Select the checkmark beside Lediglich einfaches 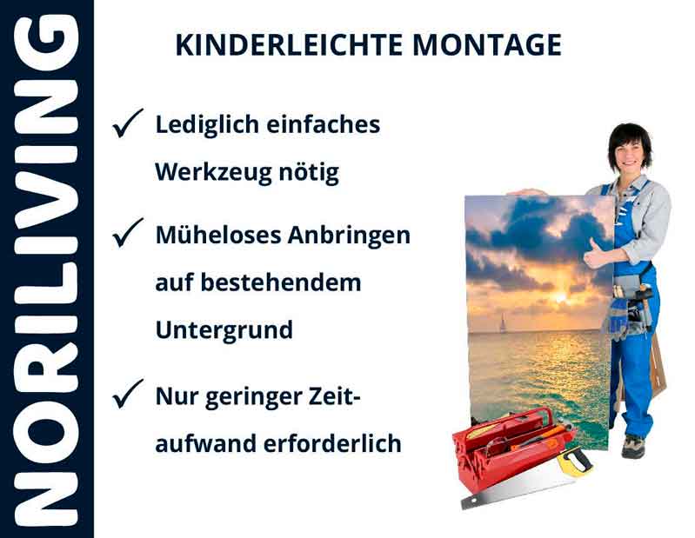click(128, 126)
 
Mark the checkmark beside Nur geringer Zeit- click(128, 397)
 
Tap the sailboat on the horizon click(502, 325)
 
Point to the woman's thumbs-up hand click(596, 256)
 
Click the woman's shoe click(633, 447)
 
